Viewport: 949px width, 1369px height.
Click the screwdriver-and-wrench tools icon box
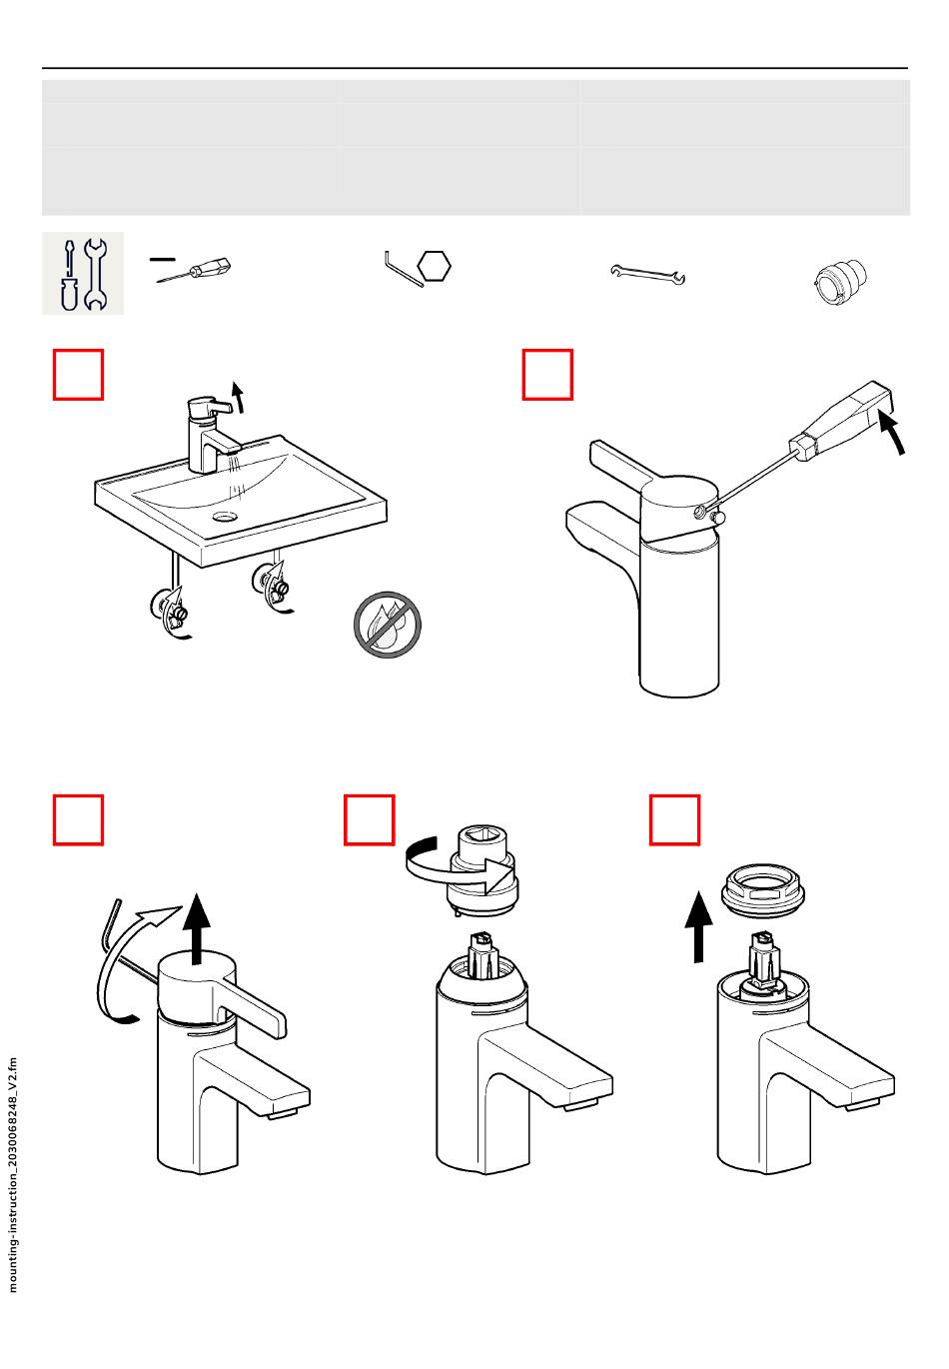pos(83,273)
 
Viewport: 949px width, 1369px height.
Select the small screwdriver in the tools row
pos(194,270)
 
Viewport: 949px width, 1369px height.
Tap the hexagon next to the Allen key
pos(435,267)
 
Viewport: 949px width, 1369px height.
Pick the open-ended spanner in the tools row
pos(648,275)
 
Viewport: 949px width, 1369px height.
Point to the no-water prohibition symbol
pos(388,624)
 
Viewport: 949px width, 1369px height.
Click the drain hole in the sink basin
pos(225,517)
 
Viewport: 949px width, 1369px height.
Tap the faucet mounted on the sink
pos(212,434)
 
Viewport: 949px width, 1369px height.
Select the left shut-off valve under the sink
pos(171,610)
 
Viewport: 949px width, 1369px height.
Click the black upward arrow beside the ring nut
pos(698,926)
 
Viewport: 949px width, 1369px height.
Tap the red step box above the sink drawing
pos(78,375)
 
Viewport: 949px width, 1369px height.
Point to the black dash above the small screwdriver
pos(163,259)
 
